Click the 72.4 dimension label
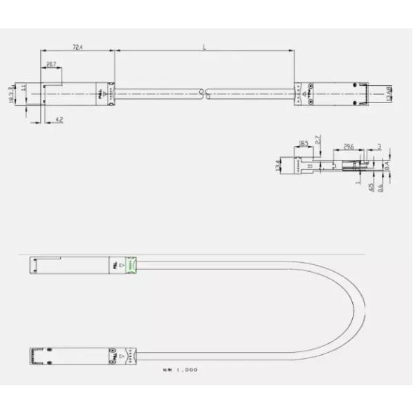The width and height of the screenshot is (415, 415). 77,47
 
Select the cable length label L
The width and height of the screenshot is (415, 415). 205,47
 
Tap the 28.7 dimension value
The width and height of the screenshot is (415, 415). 51,64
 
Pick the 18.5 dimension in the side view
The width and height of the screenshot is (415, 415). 304,144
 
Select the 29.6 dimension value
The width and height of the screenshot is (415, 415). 349,147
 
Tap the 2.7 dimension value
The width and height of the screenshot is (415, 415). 318,142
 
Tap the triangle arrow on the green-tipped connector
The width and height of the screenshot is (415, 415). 122,264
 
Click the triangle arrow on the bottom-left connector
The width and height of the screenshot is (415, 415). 122,354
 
